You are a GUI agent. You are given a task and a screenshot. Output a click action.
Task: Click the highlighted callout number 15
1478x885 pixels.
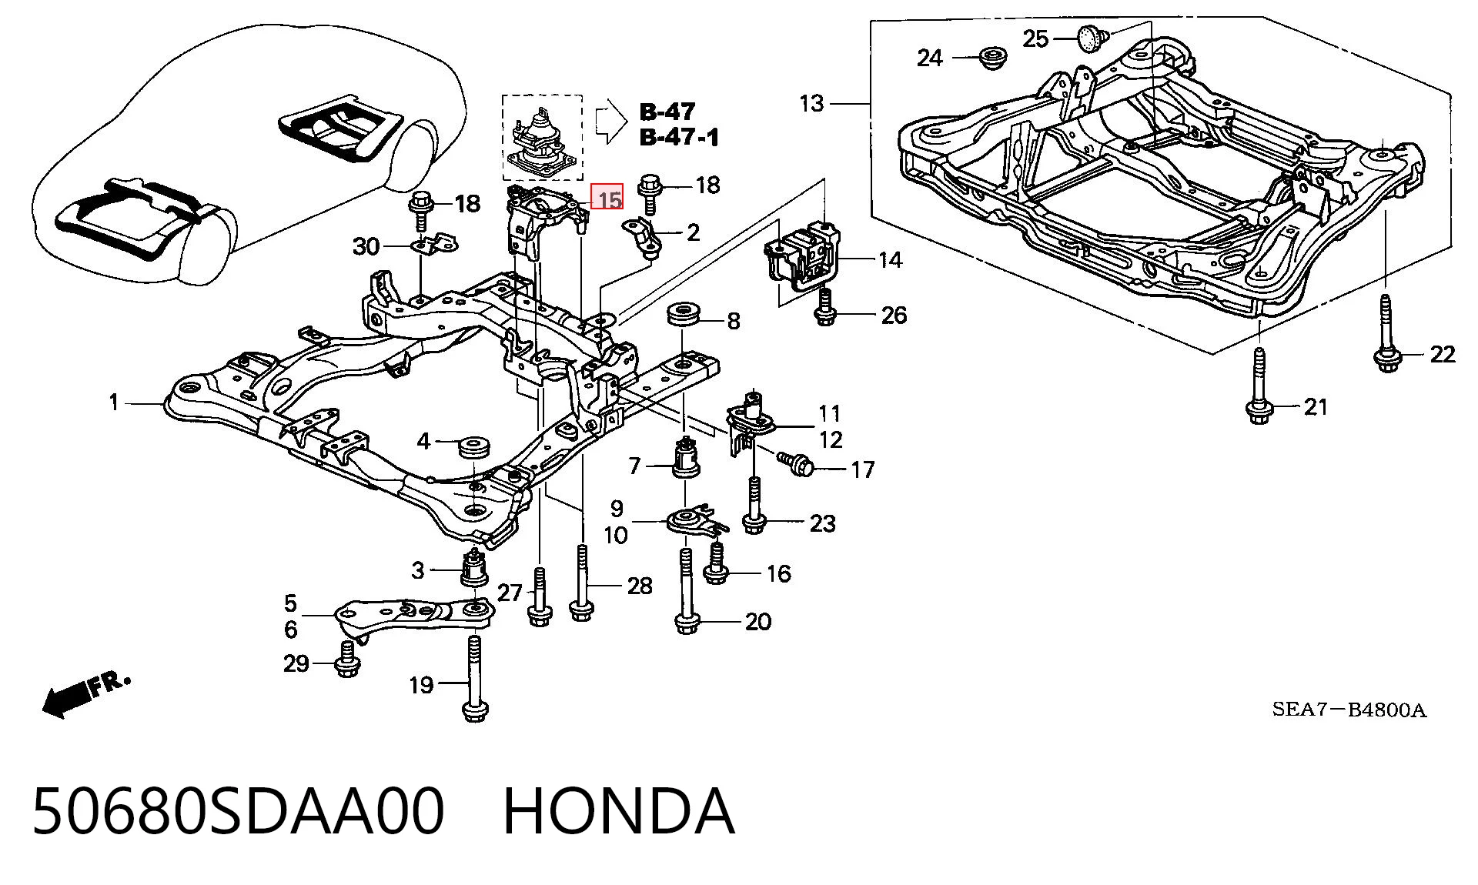click(x=607, y=198)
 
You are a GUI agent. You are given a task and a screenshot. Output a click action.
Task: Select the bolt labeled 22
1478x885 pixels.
click(x=1386, y=336)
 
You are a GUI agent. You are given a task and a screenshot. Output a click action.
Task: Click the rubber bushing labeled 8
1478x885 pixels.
click(x=684, y=316)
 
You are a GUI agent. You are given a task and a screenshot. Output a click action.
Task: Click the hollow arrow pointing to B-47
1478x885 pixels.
click(x=612, y=121)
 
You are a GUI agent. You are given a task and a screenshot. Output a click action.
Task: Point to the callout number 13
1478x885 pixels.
click(x=811, y=102)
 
